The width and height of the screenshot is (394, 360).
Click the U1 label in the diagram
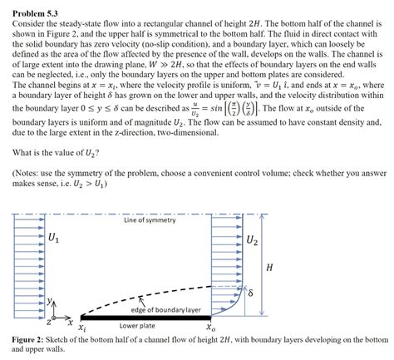pyautogui.click(x=54, y=240)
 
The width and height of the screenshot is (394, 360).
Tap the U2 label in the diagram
pyautogui.click(x=251, y=241)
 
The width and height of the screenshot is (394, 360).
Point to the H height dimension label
pyautogui.click(x=267, y=267)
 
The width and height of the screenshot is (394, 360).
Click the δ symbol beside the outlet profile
pyautogui.click(x=250, y=293)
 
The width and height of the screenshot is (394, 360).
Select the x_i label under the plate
pyautogui.click(x=81, y=328)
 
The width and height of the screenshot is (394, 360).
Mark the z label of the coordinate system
pyautogui.click(x=48, y=318)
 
